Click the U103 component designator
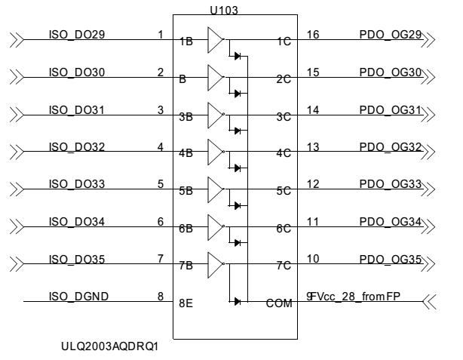coord(224,9)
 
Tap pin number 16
coord(314,35)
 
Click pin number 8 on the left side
coord(161,296)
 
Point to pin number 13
coord(314,146)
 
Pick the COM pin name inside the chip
coord(278,303)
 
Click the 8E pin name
coord(186,303)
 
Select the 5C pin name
coord(283,192)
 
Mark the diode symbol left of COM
coord(238,301)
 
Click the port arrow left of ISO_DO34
coord(14,226)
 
